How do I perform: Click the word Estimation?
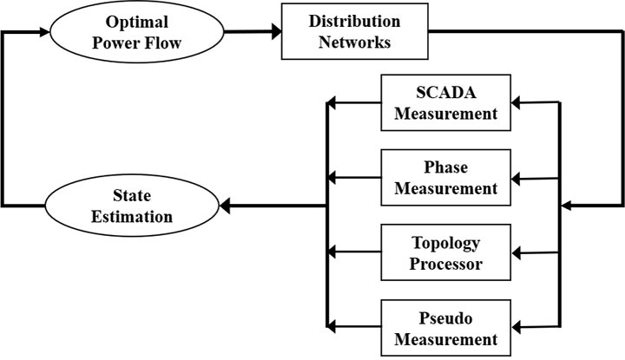click(x=132, y=217)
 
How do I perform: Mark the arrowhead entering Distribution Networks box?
click(x=275, y=33)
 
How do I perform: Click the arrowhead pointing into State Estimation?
click(x=223, y=206)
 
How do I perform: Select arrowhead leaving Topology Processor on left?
click(x=331, y=252)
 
